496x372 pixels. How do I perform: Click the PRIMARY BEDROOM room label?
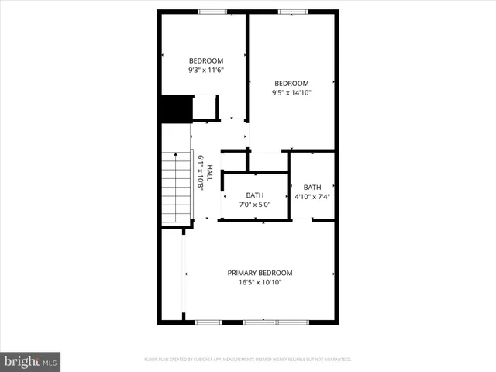pyautogui.click(x=260, y=273)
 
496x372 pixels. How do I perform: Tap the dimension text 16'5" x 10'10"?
pyautogui.click(x=260, y=283)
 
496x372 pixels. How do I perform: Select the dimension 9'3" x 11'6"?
pyautogui.click(x=206, y=71)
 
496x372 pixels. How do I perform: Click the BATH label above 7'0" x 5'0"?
pyautogui.click(x=255, y=195)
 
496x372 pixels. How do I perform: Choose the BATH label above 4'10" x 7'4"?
pyautogui.click(x=312, y=188)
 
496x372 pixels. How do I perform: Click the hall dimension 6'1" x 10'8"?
pyautogui.click(x=200, y=173)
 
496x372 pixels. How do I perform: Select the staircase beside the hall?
pyautogui.click(x=176, y=188)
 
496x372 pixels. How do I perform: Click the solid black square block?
pyautogui.click(x=174, y=108)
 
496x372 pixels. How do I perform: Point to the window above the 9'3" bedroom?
pyautogui.click(x=212, y=11)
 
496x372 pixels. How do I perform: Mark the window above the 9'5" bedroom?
pyautogui.click(x=291, y=11)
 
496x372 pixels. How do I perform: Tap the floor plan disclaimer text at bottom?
pyautogui.click(x=248, y=360)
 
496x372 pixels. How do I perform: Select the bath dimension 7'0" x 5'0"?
pyautogui.click(x=255, y=205)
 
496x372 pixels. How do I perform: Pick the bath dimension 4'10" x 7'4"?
pyautogui.click(x=312, y=197)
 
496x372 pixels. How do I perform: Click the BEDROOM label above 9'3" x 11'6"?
pyautogui.click(x=206, y=61)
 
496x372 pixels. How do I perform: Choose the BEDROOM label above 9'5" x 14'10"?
pyautogui.click(x=291, y=84)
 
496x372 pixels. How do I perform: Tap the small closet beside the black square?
pyautogui.click(x=205, y=108)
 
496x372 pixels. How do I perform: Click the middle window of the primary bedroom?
pyautogui.click(x=260, y=322)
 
